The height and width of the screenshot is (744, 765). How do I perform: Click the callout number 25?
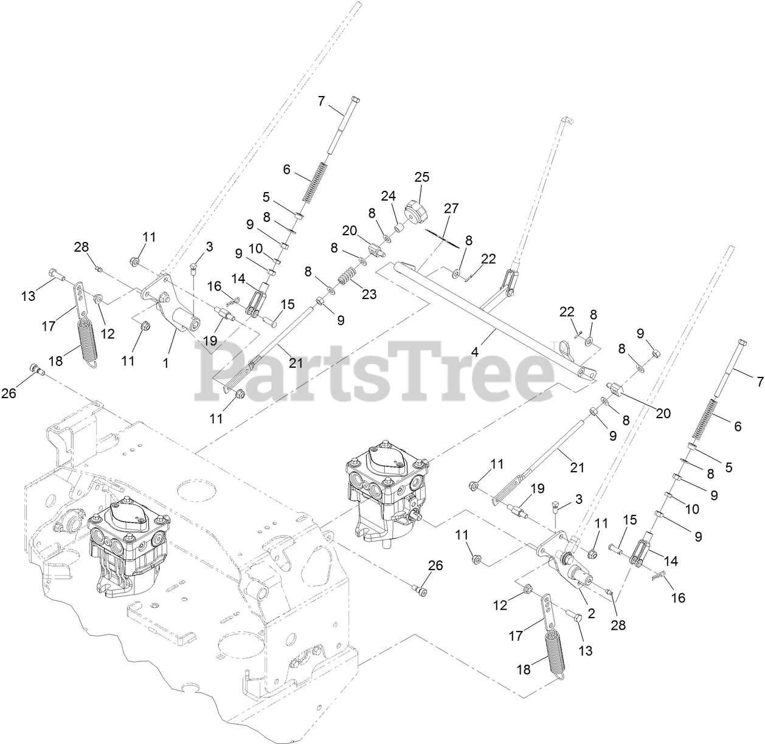pos(421,177)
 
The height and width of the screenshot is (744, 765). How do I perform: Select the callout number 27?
pos(451,208)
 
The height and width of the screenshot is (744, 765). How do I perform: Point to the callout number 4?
pos(475,353)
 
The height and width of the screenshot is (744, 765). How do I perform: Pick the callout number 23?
pos(369,294)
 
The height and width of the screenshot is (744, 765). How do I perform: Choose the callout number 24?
pos(388,196)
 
